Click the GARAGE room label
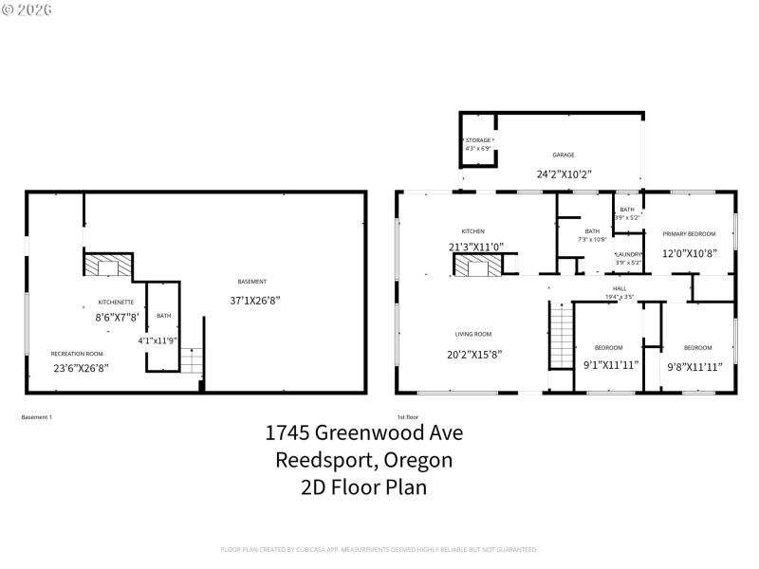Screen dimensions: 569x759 point(564,155)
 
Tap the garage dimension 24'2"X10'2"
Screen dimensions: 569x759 point(564,174)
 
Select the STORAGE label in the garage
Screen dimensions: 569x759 point(477,140)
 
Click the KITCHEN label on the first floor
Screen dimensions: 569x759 point(472,231)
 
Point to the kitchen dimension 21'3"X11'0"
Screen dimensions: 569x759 point(475,247)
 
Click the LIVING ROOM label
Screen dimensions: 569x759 point(472,334)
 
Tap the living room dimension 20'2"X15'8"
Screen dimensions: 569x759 point(474,354)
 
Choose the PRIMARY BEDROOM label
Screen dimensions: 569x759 point(689,233)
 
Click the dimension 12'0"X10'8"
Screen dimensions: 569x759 point(689,253)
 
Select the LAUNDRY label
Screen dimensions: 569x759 point(629,254)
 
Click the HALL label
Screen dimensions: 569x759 point(620,288)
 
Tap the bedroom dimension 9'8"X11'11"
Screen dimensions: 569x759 point(694,365)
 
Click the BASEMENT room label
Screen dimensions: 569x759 point(252,281)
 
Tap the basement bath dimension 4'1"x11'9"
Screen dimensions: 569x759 point(157,340)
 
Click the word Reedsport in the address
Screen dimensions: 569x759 point(318,460)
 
